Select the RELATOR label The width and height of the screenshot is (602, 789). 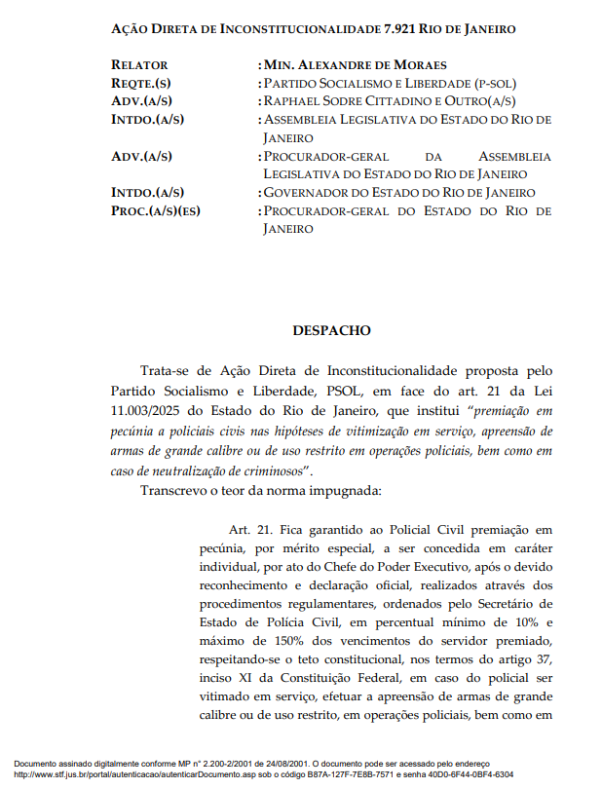pyautogui.click(x=139, y=65)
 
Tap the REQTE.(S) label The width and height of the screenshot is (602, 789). pyautogui.click(x=141, y=84)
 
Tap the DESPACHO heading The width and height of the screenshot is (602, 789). pyautogui.click(x=331, y=330)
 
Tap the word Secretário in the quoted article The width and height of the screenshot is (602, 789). pyautogui.click(x=523, y=604)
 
